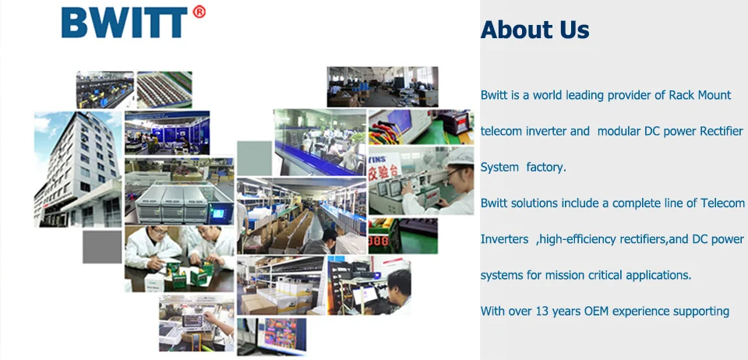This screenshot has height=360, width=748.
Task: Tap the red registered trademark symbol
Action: pyautogui.click(x=199, y=12)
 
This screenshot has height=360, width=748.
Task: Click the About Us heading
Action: pyautogui.click(x=535, y=30)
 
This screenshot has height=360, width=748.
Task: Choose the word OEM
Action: pyautogui.click(x=596, y=312)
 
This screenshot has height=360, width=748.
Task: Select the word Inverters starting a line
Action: pyautogui.click(x=504, y=239)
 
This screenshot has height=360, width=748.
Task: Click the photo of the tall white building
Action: pyautogui.click(x=78, y=169)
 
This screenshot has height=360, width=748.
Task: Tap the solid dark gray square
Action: pyautogui.click(x=102, y=247)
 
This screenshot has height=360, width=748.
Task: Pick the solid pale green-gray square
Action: pyautogui.click(x=254, y=158)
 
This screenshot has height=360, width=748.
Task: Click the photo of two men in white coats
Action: pyautogui.click(x=179, y=259)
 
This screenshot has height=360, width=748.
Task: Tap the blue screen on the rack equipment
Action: pyautogui.click(x=218, y=214)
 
